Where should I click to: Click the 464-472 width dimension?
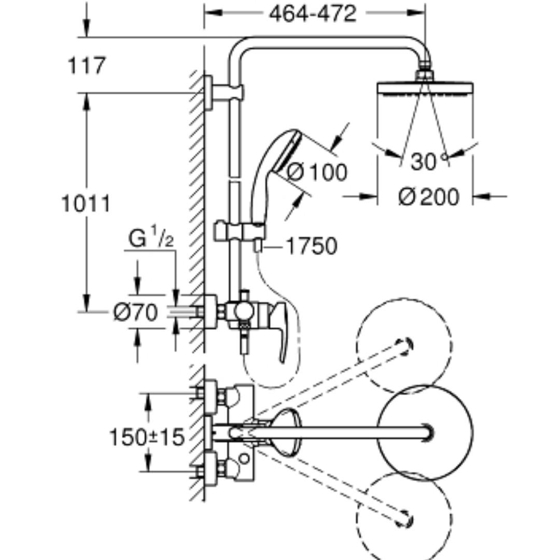point(313,15)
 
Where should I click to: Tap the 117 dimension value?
point(87,65)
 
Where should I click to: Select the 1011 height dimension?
point(86,204)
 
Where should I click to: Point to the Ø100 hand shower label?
point(317,172)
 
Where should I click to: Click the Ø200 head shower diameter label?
point(429,197)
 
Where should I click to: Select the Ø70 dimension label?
point(135,312)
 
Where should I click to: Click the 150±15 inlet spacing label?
point(146,437)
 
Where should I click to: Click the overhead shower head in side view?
point(425,89)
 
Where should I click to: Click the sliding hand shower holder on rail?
point(240,232)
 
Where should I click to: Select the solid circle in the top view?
point(425,432)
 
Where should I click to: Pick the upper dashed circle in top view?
point(404,346)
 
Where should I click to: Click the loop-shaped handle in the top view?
point(286,432)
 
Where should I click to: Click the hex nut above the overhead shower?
point(425,75)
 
